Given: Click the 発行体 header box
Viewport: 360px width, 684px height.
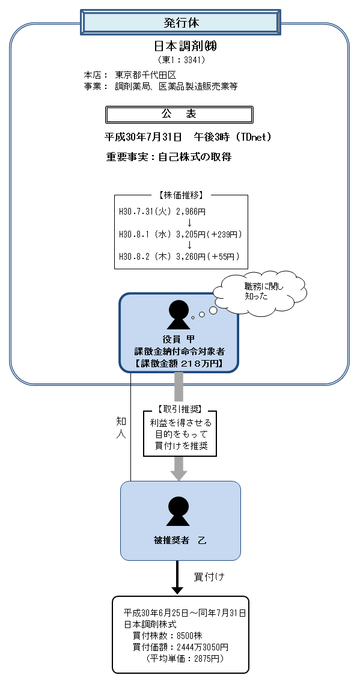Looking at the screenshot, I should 181,23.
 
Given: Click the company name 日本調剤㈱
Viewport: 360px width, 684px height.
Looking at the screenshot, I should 181,46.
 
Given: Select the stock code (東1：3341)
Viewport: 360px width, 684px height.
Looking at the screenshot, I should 181,60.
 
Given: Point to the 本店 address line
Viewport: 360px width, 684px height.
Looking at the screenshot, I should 130,75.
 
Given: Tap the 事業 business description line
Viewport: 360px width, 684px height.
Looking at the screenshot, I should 160,86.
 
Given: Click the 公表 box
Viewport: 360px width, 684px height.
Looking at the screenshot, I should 179,114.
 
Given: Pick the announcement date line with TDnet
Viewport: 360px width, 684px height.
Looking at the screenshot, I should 188,137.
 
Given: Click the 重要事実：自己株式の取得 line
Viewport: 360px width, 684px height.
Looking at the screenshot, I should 169,157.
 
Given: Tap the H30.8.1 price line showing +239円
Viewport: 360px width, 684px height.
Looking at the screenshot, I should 180,234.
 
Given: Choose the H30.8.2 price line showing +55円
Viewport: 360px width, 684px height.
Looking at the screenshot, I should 180,257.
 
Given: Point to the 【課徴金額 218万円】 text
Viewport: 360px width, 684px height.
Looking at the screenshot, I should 179,364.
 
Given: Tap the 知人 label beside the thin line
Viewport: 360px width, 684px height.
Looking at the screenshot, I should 121,427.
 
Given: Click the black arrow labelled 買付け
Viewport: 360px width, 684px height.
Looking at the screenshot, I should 177,577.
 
